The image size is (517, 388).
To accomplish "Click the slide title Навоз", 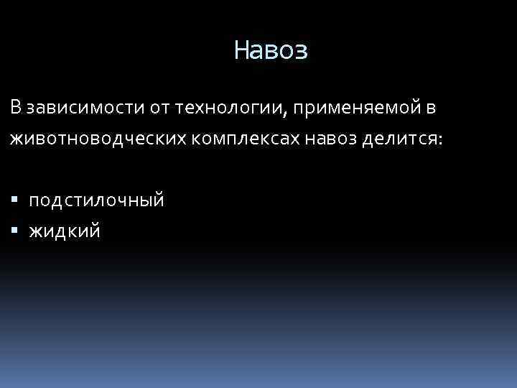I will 271,50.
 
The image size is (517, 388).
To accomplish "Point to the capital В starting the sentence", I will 16,107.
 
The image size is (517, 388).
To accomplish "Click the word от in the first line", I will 160,108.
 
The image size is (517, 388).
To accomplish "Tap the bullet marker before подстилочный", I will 15,200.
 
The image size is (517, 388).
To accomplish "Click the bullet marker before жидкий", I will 15,231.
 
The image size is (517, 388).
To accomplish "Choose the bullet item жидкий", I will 65,231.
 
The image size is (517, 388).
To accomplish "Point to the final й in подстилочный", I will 159,200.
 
